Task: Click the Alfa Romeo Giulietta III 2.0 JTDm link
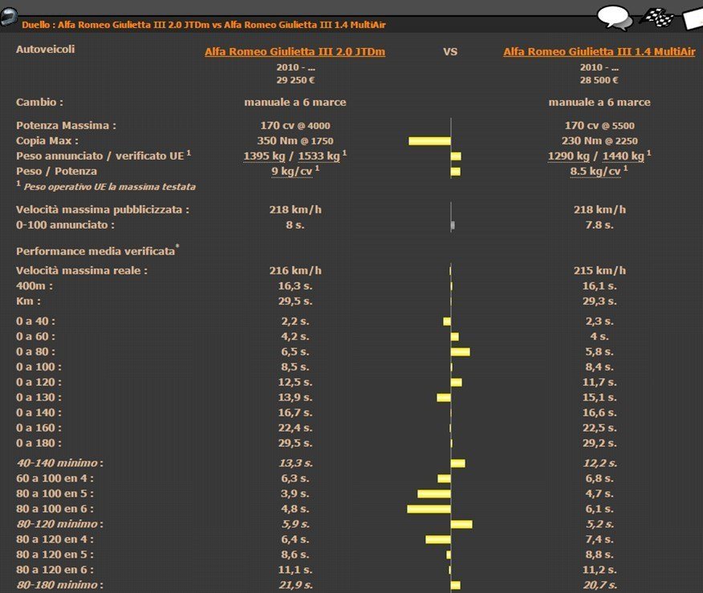(x=295, y=52)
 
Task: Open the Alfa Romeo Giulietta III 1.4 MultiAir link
(x=599, y=52)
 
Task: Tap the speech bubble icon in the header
(x=615, y=18)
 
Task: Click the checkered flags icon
(x=656, y=18)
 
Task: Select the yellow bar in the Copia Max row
(x=429, y=141)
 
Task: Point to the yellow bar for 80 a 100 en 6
(x=429, y=509)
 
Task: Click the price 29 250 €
(x=295, y=80)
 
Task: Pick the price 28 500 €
(x=599, y=80)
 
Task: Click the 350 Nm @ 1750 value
(x=295, y=140)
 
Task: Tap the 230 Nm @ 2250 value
(x=599, y=140)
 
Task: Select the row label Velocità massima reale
(x=82, y=270)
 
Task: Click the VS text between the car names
(x=450, y=52)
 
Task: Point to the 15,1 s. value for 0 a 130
(x=599, y=397)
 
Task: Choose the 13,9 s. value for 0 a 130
(x=295, y=397)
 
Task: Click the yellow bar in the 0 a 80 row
(x=461, y=351)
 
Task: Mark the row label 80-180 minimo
(x=59, y=585)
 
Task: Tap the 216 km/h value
(x=295, y=270)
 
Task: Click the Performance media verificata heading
(x=97, y=250)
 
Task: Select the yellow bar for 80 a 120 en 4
(x=438, y=539)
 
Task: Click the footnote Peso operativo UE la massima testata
(x=109, y=187)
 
